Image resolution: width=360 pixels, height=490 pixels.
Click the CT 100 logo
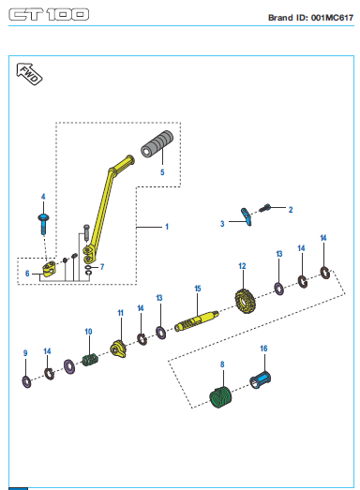click(x=49, y=15)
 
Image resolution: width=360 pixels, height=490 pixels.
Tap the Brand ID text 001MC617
click(x=332, y=18)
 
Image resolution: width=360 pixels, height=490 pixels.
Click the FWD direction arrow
click(x=29, y=74)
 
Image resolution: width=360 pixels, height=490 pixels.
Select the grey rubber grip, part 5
click(x=157, y=144)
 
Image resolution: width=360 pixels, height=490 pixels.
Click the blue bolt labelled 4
click(x=43, y=223)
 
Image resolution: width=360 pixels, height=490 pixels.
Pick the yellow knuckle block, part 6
click(x=49, y=269)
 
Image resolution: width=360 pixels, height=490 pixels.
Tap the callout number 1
click(x=167, y=227)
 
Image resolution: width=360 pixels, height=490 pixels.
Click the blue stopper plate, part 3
click(x=247, y=216)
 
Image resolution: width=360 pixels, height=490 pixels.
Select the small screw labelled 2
click(x=264, y=207)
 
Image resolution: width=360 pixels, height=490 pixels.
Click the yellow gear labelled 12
click(x=246, y=302)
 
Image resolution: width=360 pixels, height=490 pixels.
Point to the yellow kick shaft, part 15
click(x=196, y=321)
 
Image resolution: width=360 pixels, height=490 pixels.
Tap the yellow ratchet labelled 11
click(x=118, y=349)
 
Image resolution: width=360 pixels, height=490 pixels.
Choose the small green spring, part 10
click(x=90, y=360)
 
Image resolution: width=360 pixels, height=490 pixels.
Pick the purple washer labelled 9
click(x=26, y=381)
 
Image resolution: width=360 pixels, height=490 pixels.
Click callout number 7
click(x=102, y=267)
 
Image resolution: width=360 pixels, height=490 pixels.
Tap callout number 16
click(x=263, y=349)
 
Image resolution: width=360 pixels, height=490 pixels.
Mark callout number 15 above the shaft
click(x=198, y=289)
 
